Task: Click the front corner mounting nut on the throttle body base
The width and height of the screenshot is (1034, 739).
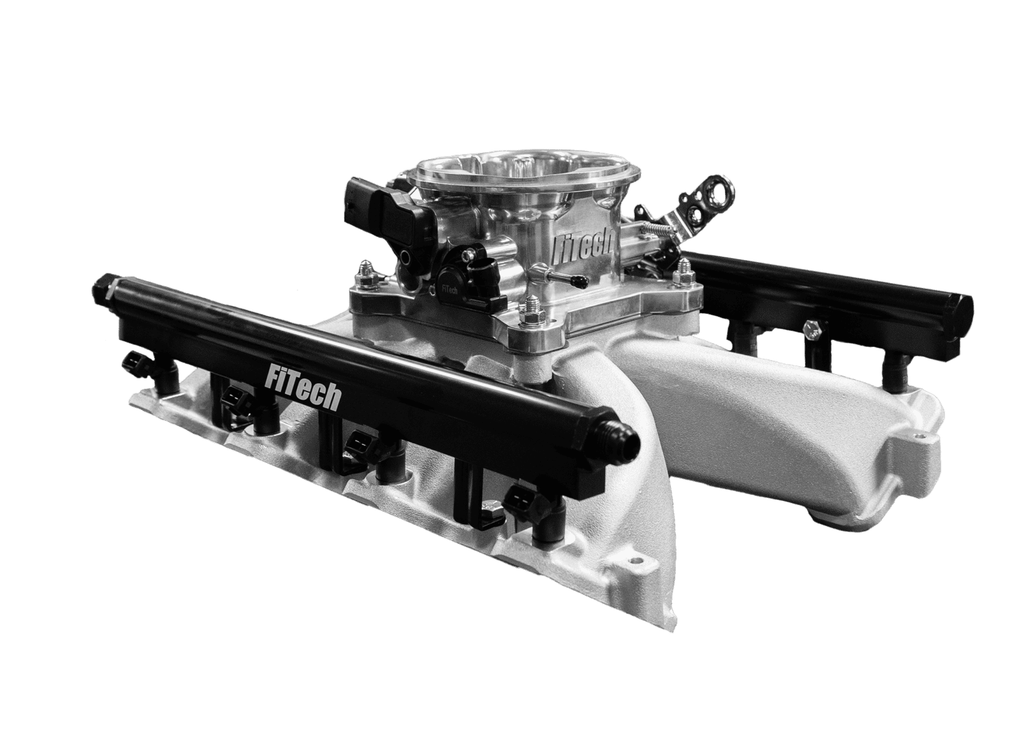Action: point(533,315)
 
